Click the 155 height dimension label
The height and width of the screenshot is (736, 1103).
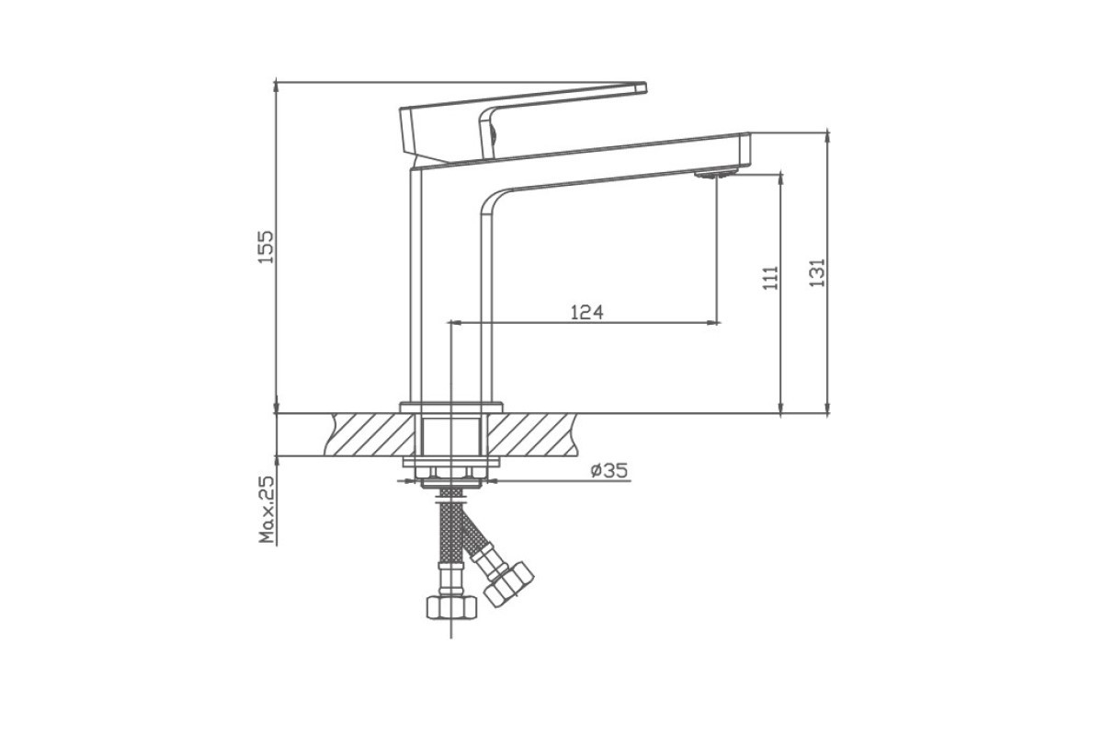tap(267, 247)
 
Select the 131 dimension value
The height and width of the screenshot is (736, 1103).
tap(817, 272)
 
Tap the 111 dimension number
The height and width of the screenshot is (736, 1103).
tap(770, 279)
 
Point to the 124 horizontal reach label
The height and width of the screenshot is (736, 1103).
tap(587, 312)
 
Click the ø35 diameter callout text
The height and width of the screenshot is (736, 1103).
tap(609, 471)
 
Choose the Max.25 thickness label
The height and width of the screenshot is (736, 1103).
tap(267, 510)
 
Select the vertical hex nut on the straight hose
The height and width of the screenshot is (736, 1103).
tap(451, 607)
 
